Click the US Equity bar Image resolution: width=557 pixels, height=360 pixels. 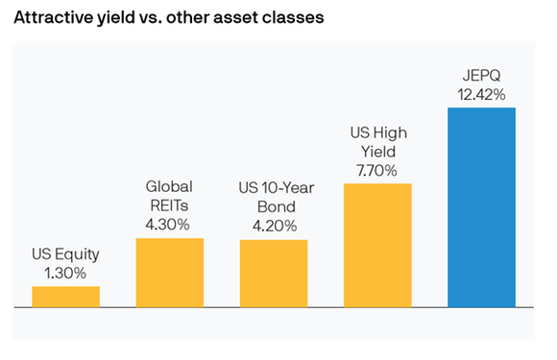click(65, 297)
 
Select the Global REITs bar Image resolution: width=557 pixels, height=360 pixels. click(170, 273)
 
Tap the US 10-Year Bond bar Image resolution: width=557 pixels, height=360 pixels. click(274, 274)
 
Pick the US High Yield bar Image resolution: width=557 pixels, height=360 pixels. click(377, 245)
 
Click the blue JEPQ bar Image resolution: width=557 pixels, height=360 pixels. click(481, 207)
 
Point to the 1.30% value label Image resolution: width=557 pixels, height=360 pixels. click(65, 275)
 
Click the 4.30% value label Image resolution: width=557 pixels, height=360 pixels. click(170, 226)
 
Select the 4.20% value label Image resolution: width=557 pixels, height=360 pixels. click(274, 227)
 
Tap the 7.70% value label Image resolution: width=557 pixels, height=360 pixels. click(377, 171)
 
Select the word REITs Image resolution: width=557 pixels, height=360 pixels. click(170, 206)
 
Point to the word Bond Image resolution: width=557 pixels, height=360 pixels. click(274, 208)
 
